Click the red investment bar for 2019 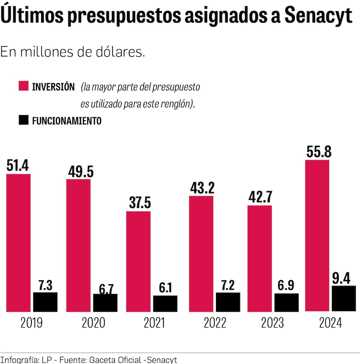18,242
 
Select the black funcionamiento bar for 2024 344,298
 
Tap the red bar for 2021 138,261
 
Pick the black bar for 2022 228,302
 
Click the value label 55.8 318,152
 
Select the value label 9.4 344,278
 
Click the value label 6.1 165,288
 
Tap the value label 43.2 202,188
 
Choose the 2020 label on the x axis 93,323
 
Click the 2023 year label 272,323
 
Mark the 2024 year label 330,323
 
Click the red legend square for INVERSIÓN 24,86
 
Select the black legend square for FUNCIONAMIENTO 24,121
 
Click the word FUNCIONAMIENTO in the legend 66,121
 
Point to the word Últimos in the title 31,17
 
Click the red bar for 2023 260,258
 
